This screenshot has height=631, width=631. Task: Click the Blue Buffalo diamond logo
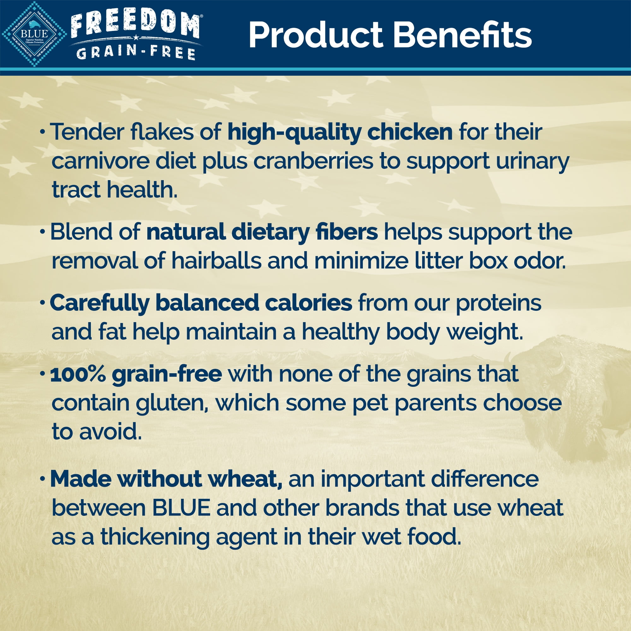pos(34,34)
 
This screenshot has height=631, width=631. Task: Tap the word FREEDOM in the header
pos(135,26)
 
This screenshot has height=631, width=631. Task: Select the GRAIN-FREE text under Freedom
pos(136,53)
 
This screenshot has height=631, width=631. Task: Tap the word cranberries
pos(313,161)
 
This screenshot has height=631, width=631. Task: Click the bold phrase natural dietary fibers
pos(262,233)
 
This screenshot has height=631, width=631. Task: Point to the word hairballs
pos(216,261)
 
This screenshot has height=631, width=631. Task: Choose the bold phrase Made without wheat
pos(166,479)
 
